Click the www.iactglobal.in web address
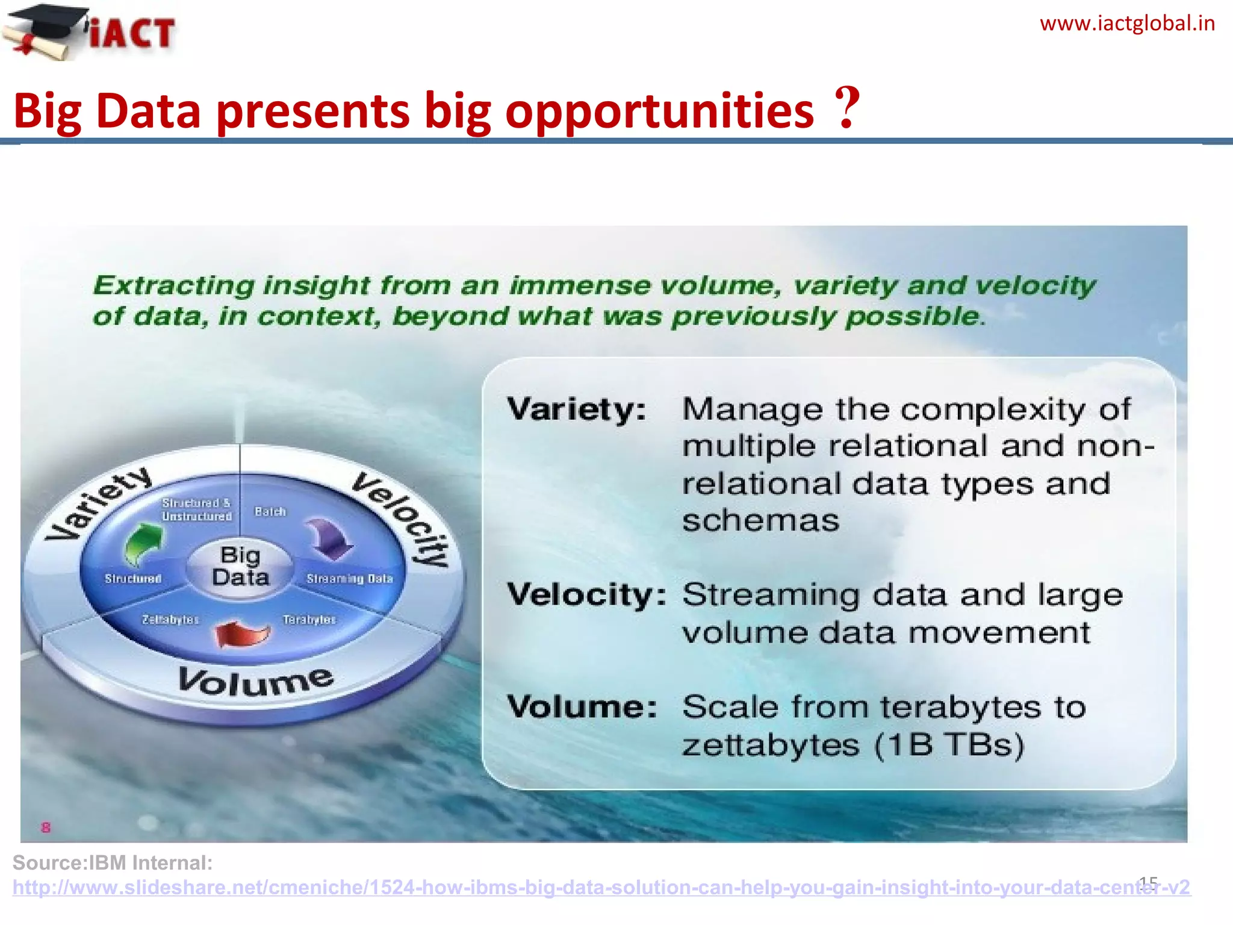(x=1127, y=24)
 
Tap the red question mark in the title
(x=848, y=108)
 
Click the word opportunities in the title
(x=659, y=112)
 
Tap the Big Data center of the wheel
(x=240, y=566)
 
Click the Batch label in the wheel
(x=270, y=512)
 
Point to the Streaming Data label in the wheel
(x=349, y=579)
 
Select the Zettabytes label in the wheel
(x=170, y=619)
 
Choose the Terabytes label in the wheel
(x=309, y=619)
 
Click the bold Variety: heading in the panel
(x=577, y=410)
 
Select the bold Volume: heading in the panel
(x=582, y=707)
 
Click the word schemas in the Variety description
(x=760, y=521)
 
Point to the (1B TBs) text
(x=949, y=746)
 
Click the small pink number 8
(x=46, y=827)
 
